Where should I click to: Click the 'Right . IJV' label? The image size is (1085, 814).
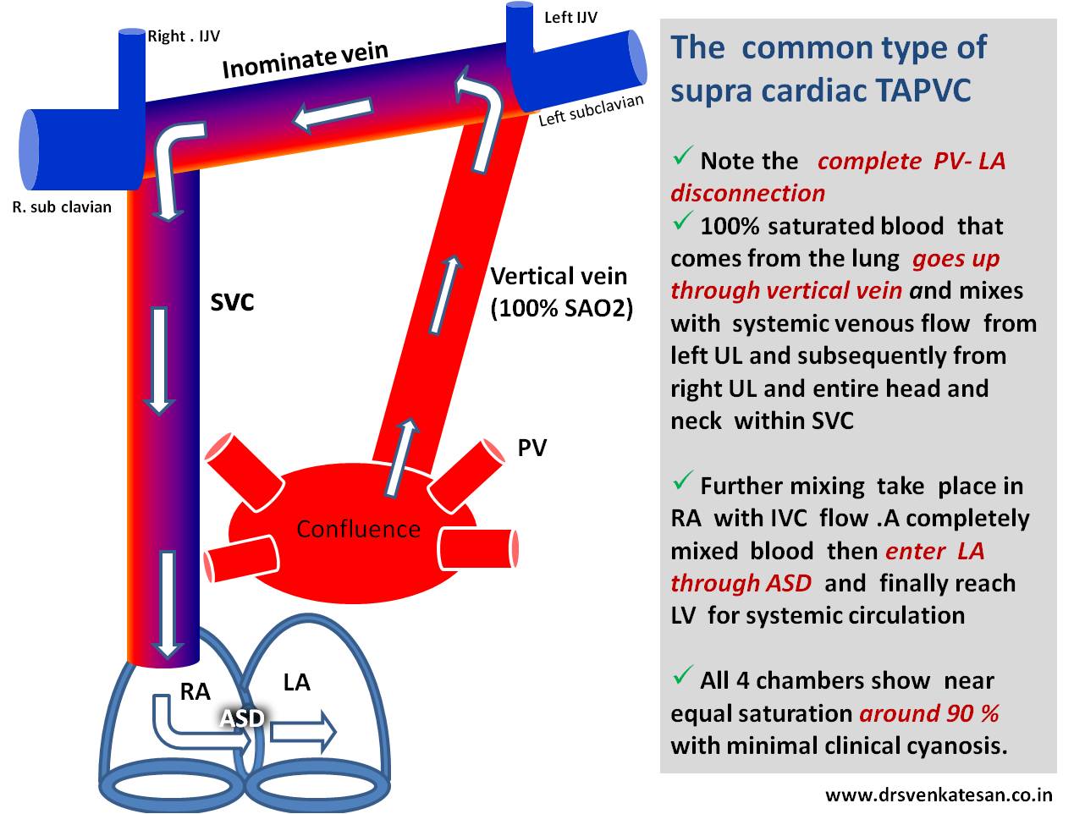pyautogui.click(x=184, y=37)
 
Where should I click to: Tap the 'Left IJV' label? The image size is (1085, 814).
pyautogui.click(x=570, y=17)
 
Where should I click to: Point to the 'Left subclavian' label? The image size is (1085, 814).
pyautogui.click(x=591, y=111)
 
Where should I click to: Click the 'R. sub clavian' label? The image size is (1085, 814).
pyautogui.click(x=62, y=206)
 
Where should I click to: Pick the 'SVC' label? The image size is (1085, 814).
pyautogui.click(x=232, y=303)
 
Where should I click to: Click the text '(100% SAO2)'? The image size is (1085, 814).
pyautogui.click(x=561, y=309)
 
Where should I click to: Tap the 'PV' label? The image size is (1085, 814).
pyautogui.click(x=532, y=448)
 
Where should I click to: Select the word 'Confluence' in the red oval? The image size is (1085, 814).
pyautogui.click(x=358, y=530)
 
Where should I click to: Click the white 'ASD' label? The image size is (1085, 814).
pyautogui.click(x=242, y=718)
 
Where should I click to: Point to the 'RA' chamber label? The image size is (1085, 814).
pyautogui.click(x=195, y=692)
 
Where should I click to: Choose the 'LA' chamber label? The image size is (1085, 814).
pyautogui.click(x=296, y=682)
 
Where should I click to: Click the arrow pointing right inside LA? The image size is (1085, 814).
pyautogui.click(x=304, y=732)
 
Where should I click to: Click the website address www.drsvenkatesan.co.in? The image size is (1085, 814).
pyautogui.click(x=939, y=795)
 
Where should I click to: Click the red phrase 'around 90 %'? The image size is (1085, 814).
pyautogui.click(x=928, y=713)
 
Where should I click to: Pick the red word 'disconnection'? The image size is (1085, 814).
pyautogui.click(x=747, y=193)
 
